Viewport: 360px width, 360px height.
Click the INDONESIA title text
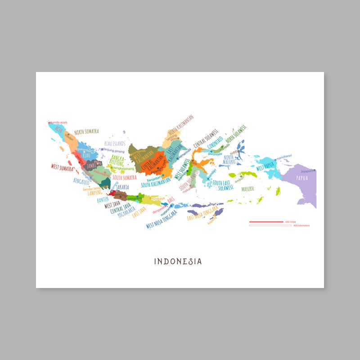coord(178,261)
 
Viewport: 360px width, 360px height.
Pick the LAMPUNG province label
coord(94,193)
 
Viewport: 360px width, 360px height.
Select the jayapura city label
coord(307,171)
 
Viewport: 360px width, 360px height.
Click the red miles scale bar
coord(265,222)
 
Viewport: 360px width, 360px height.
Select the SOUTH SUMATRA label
coord(124,177)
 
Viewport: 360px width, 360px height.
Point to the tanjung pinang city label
coord(114,151)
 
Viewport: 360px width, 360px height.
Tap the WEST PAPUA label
coord(265,165)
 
